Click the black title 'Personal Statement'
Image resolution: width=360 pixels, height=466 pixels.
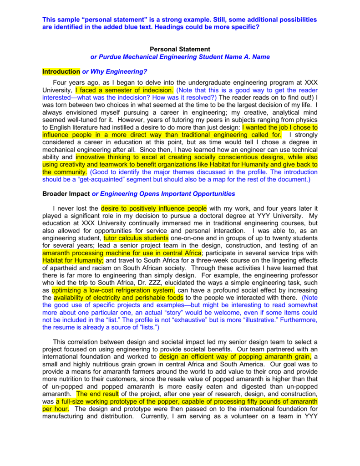[180, 49]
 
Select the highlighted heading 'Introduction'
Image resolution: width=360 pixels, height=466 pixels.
[61, 72]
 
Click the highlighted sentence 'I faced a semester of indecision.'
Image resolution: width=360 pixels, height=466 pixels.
[124, 90]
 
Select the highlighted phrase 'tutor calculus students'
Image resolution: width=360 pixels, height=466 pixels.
[136, 238]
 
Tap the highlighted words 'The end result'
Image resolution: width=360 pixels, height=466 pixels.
[97, 394]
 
